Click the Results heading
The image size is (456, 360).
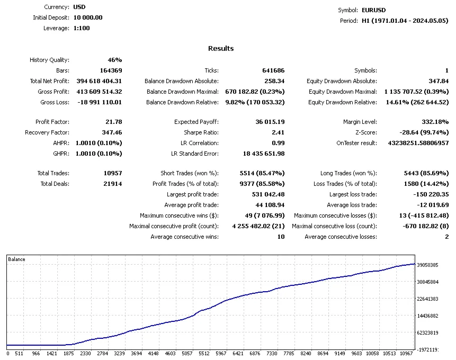pos(221,48)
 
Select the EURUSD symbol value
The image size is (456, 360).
pos(373,10)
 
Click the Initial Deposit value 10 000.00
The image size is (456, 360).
pos(87,17)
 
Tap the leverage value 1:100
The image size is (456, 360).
pos(81,28)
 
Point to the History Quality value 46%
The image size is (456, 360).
pos(114,60)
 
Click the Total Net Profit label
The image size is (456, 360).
pos(49,81)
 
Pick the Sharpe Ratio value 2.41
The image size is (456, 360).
pos(278,132)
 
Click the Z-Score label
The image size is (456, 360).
pos(366,132)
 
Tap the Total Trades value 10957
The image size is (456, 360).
pos(111,173)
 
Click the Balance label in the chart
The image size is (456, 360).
pos(16,259)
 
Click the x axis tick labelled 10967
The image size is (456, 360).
pos(406,353)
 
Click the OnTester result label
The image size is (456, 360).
pos(356,143)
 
